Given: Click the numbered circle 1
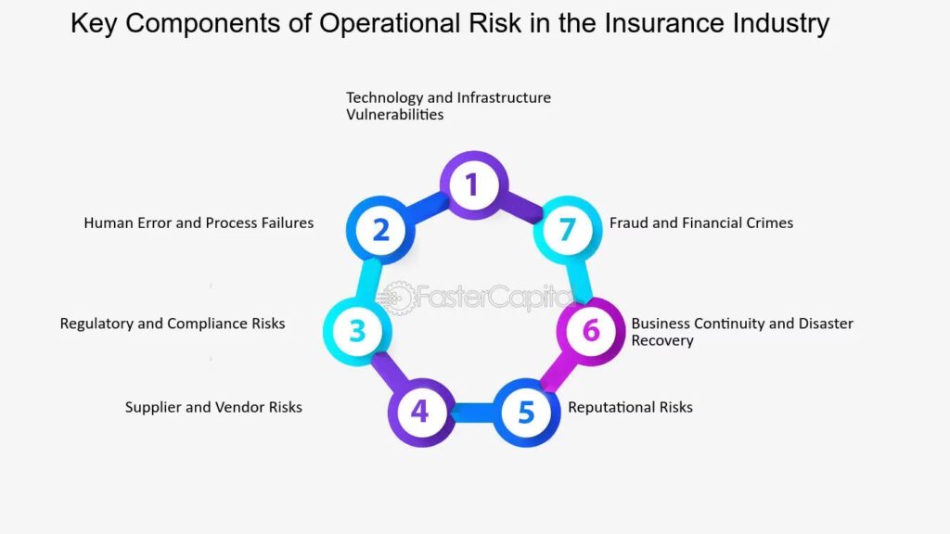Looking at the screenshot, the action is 473,184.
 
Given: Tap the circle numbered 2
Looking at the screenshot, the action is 380,230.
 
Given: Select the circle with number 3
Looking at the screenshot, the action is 357,331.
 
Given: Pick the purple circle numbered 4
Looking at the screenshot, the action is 421,413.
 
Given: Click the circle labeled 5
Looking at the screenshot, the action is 526,413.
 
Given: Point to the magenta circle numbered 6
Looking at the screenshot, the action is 591,331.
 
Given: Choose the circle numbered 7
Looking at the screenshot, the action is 567,230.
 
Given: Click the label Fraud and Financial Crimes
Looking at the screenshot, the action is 701,222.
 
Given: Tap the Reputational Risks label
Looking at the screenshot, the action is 630,407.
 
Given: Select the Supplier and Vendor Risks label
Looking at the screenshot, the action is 213,407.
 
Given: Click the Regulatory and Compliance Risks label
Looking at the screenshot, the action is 172,324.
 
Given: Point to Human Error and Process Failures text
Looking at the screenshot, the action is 199,222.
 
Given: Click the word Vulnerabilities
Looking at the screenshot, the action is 394,114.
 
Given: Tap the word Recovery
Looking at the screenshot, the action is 662,340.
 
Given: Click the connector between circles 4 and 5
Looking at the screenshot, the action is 473,413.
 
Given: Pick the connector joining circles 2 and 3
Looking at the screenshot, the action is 368,280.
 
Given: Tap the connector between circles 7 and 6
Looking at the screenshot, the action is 580,280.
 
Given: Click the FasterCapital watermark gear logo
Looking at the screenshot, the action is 397,298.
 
